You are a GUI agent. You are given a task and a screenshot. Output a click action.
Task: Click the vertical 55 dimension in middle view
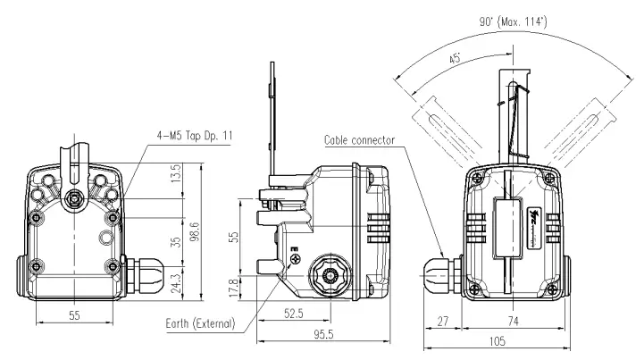(235, 237)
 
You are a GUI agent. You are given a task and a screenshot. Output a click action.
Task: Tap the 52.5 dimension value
(294, 312)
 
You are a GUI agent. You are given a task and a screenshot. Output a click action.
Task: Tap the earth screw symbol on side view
(296, 260)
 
